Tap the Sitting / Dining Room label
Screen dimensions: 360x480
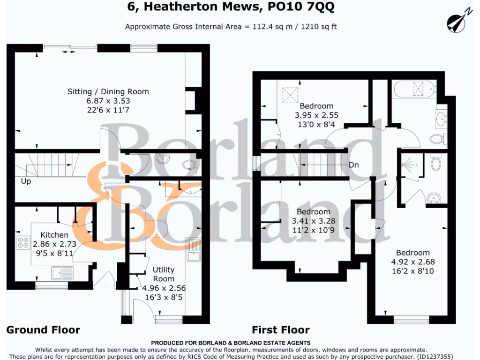(x=108, y=91)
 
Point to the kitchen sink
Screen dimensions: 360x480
(x=62, y=271)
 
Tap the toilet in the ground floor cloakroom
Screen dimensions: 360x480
(x=189, y=165)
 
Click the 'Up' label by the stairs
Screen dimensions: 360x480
(x=26, y=181)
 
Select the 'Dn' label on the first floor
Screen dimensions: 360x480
(x=354, y=165)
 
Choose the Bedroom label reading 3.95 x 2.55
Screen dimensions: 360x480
(x=316, y=105)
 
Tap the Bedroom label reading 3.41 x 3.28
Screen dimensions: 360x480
(x=314, y=212)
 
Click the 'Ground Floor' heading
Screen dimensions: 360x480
(x=43, y=330)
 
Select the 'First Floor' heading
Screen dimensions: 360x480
(x=281, y=330)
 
